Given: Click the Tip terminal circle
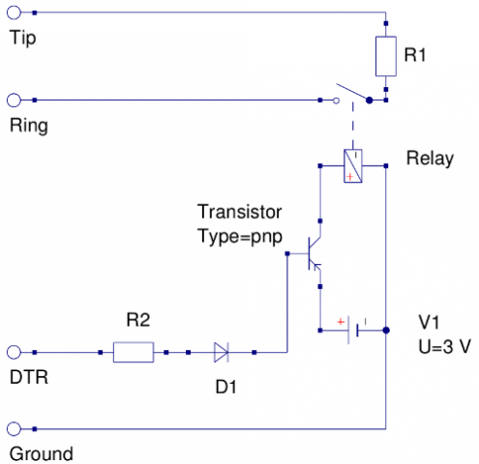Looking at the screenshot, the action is (14, 13).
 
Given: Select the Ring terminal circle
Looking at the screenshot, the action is (14, 101).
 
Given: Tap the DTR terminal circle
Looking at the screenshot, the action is (14, 352).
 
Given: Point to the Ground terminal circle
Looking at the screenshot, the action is (14, 429).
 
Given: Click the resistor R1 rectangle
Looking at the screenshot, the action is (386, 56).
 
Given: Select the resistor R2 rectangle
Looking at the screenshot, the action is (134, 352).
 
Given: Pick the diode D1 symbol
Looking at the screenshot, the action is (222, 352).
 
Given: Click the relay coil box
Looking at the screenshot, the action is (353, 166).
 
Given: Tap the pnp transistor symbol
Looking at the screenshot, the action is (314, 253).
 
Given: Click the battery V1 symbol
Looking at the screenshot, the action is (353, 331).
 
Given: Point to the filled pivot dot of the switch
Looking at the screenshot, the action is (370, 101).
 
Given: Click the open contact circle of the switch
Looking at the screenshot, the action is (336, 101).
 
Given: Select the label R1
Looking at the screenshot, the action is (415, 54).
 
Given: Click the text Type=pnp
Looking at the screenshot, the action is (240, 237).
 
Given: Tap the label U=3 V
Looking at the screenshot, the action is (444, 347).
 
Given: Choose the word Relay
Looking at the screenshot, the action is (430, 159).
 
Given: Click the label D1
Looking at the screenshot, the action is (225, 387).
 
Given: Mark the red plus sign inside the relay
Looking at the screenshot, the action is (349, 177).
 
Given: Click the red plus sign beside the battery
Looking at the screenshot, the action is (341, 322).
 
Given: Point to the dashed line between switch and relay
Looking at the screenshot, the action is (353, 126).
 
